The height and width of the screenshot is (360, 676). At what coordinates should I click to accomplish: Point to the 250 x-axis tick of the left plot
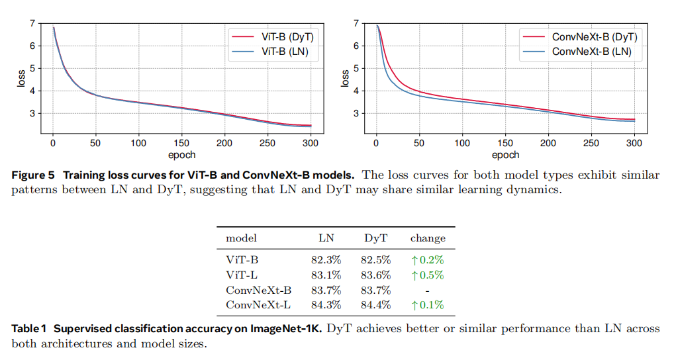point(267,143)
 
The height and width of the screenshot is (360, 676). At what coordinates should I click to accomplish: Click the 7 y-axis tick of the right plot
point(356,23)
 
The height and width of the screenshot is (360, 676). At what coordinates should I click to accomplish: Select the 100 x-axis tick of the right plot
point(462,143)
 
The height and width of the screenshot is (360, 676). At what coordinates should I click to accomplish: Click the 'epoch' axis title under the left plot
point(181,155)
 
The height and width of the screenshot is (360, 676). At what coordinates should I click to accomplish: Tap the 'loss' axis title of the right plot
point(346,79)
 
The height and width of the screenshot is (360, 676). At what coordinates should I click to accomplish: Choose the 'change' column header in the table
point(428,238)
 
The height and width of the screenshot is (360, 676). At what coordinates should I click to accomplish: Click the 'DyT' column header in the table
point(375,238)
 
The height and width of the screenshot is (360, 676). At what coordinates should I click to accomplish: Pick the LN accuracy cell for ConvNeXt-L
point(326,305)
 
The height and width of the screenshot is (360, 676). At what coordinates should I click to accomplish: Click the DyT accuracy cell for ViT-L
point(375,275)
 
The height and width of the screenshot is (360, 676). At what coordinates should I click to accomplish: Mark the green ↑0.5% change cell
point(428,275)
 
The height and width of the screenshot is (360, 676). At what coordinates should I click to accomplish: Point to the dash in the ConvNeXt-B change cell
point(428,291)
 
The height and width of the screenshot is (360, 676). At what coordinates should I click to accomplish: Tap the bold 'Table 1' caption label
point(29,329)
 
